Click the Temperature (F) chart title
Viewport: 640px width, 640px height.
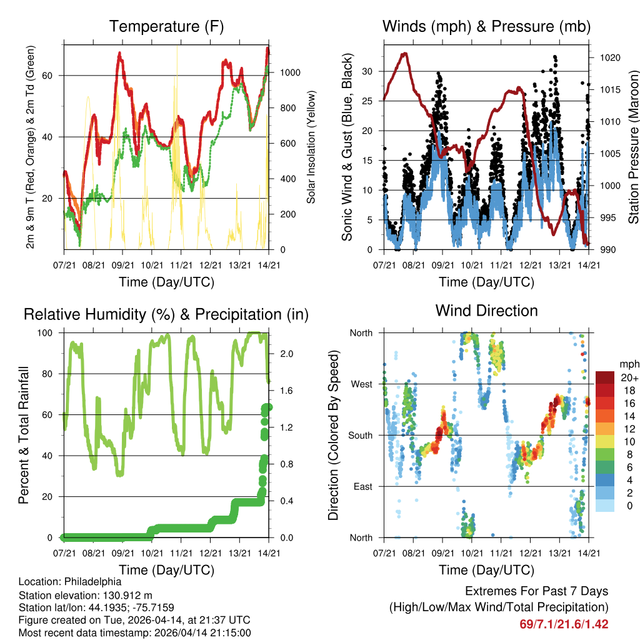[166, 27]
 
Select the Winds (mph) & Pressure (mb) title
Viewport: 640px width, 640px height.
[486, 27]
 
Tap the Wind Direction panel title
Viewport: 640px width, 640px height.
[486, 310]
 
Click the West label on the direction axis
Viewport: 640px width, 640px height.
[361, 384]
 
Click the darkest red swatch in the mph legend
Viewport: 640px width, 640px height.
[604, 377]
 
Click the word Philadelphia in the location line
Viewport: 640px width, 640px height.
[88, 581]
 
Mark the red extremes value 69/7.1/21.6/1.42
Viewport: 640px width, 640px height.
[564, 624]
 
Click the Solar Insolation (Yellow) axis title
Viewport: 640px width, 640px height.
[311, 147]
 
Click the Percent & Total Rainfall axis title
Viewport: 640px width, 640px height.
[25, 436]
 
